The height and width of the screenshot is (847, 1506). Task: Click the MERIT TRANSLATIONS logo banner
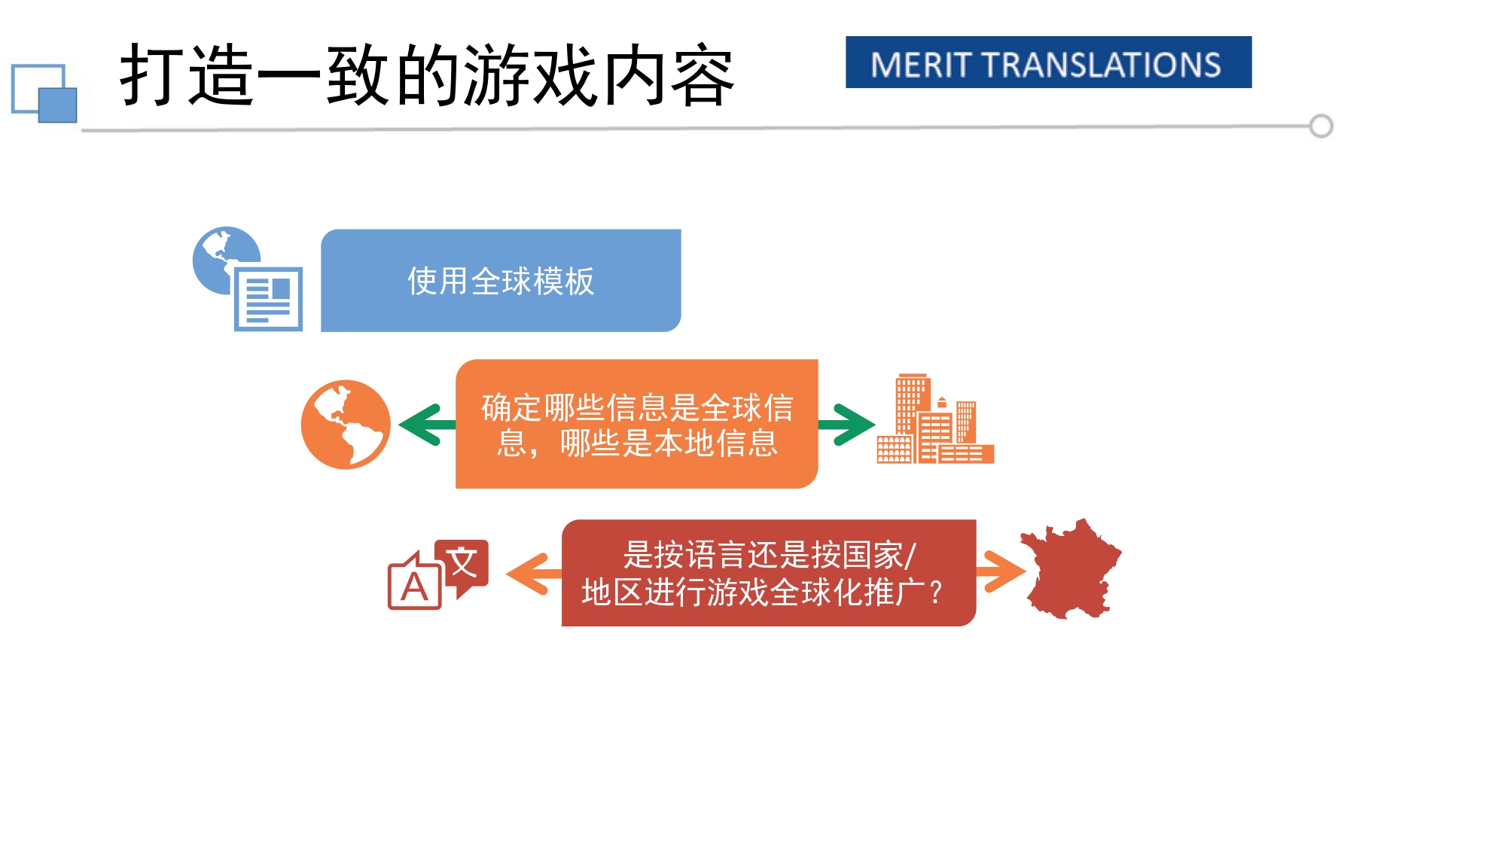[1048, 62]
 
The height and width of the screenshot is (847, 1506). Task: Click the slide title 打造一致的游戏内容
[427, 75]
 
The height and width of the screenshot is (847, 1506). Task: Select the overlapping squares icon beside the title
[44, 93]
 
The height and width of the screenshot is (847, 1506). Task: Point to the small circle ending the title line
[1321, 126]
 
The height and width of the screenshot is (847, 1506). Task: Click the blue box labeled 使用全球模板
[501, 280]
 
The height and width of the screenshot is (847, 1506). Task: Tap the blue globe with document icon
[248, 279]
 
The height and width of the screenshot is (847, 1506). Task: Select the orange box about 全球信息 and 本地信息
[636, 424]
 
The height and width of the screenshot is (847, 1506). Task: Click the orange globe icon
[346, 425]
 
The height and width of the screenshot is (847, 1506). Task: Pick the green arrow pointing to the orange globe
[426, 425]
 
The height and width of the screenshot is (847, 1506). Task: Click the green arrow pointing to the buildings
[846, 425]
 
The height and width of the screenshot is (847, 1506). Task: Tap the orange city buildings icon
[934, 419]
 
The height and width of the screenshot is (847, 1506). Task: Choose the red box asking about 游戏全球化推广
[768, 572]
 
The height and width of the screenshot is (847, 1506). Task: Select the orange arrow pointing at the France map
[1001, 571]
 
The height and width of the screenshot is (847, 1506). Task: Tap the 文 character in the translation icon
[462, 563]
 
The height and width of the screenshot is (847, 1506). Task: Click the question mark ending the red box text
[935, 593]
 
